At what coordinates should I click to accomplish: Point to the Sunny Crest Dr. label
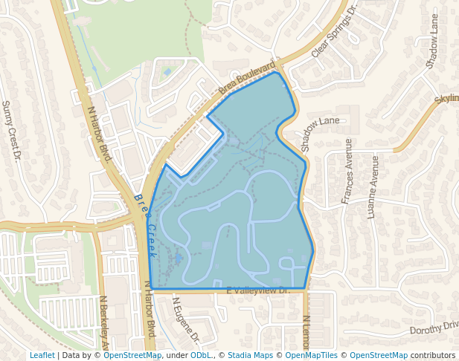click(x=11, y=131)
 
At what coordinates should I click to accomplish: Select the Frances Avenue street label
click(x=347, y=171)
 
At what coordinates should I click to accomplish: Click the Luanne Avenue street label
click(x=373, y=186)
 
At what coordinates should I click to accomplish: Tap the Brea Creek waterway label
click(x=145, y=225)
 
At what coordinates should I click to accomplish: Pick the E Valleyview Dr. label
click(x=257, y=290)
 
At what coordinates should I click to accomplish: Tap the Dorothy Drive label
click(x=434, y=328)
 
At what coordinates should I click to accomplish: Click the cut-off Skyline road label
click(x=446, y=98)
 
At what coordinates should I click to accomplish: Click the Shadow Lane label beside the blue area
click(x=320, y=121)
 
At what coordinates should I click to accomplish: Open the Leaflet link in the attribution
click(x=42, y=356)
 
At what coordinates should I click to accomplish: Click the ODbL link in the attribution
click(x=201, y=356)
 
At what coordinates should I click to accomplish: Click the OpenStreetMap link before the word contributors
click(x=378, y=356)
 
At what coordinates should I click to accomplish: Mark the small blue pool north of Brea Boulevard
click(x=167, y=71)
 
